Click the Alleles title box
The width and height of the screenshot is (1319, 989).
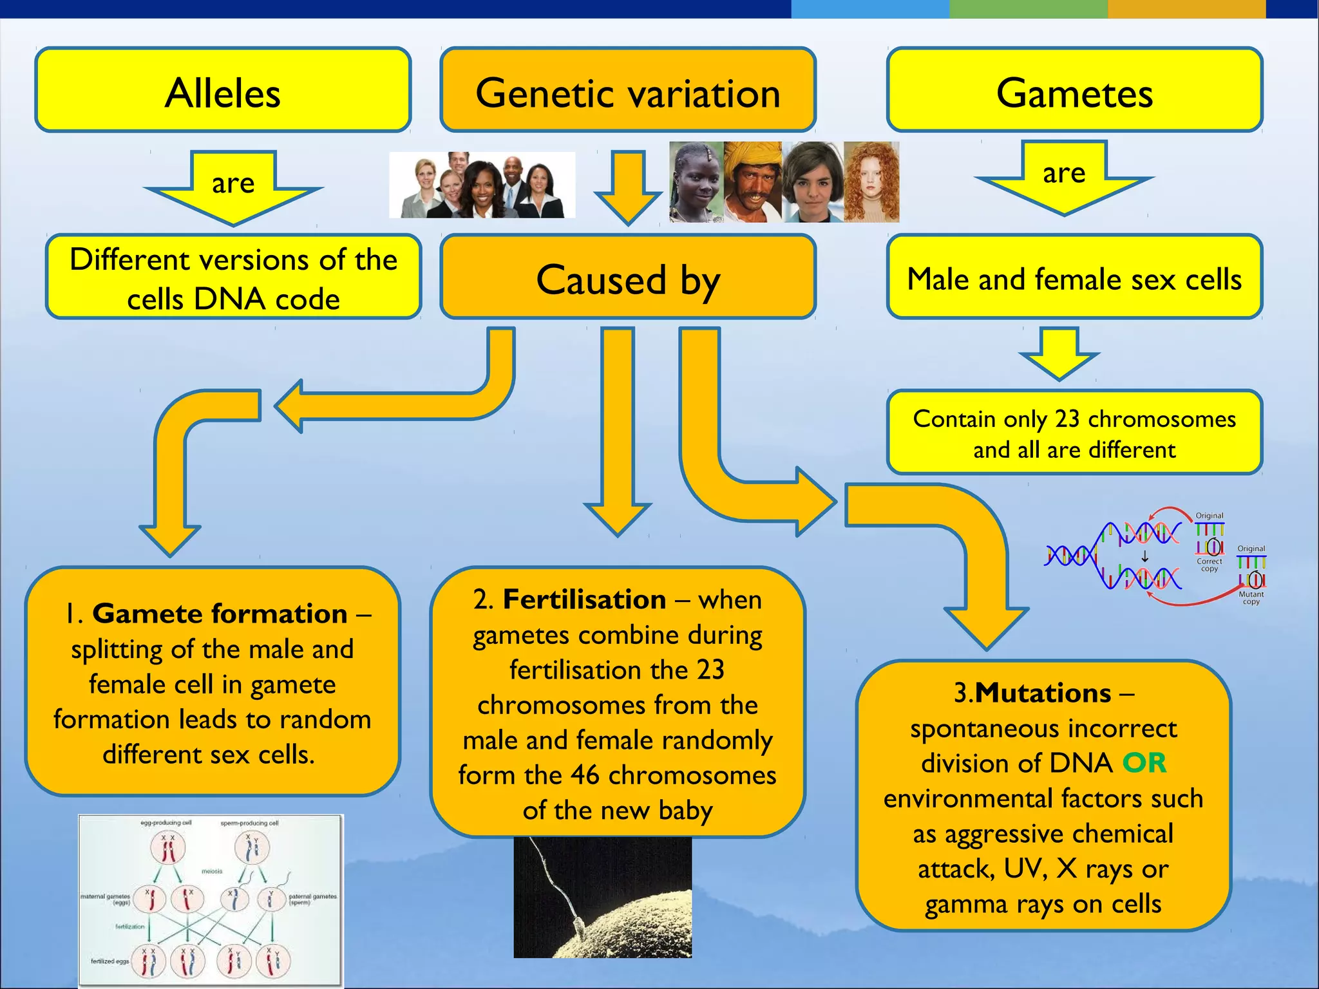pos(223,90)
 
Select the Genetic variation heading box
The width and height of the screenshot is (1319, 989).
pos(628,90)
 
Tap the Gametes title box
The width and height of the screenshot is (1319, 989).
pos(1074,90)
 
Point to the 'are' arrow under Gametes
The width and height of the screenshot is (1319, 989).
pos(1064,175)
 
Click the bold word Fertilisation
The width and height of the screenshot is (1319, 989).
pos(584,599)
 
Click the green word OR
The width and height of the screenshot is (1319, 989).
pos(1144,763)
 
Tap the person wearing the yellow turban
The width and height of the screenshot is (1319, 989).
pos(752,182)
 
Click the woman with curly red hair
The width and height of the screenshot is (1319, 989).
pos(871,182)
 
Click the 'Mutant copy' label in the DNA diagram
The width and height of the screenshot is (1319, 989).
pos(1251,598)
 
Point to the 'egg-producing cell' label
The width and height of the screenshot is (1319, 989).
pos(166,823)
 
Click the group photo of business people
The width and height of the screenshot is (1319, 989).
pos(482,185)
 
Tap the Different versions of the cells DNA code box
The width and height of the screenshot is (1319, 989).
pos(233,278)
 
